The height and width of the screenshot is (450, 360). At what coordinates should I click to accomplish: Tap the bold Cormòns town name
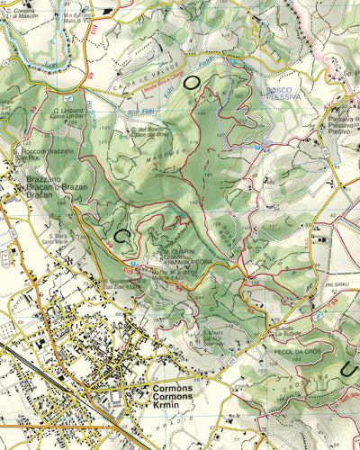[x=167, y=388]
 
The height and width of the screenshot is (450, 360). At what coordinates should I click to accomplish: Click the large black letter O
[x=193, y=82]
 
